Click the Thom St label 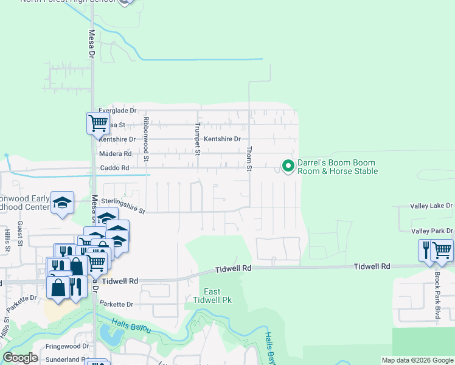[x=248, y=158]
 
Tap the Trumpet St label [x=197, y=139]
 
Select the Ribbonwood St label [x=146, y=139]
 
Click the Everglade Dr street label [x=117, y=110]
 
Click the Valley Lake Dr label [x=432, y=206]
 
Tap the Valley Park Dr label [x=432, y=231]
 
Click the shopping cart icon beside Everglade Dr [x=98, y=123]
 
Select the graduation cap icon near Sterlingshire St [x=62, y=203]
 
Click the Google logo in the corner [x=20, y=358]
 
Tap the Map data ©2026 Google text [x=417, y=360]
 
